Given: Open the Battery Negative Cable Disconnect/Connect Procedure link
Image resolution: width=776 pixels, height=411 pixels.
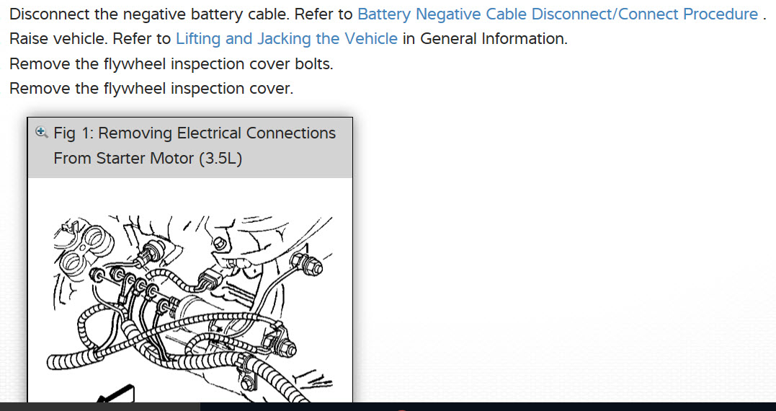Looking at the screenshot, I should (557, 14).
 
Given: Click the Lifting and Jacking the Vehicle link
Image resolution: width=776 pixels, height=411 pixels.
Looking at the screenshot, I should (286, 39).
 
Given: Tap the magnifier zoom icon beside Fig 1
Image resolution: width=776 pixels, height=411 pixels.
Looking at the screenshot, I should (42, 133).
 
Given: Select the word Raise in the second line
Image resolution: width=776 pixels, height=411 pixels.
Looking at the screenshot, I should (30, 39).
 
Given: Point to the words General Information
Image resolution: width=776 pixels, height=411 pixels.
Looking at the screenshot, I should (494, 39).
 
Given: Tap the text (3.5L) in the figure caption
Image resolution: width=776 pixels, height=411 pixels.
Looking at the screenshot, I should (220, 158).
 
